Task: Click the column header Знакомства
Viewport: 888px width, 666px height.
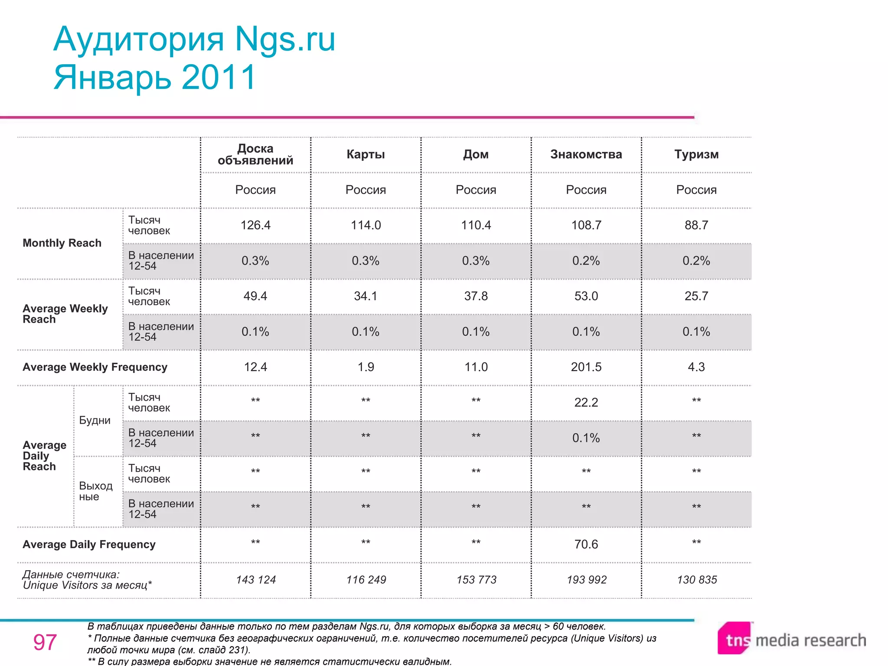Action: [586, 154]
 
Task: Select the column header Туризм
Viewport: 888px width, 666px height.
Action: [696, 154]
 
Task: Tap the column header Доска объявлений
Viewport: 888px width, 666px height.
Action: [255, 154]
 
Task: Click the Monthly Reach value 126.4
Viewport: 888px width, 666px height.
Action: [255, 225]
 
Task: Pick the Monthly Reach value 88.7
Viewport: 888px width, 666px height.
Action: [696, 225]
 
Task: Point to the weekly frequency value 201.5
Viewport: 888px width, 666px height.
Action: [586, 367]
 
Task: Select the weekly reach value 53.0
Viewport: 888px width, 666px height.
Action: [586, 296]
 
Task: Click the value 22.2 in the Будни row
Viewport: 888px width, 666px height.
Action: [586, 402]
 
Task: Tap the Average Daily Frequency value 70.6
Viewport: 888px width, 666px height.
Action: [586, 544]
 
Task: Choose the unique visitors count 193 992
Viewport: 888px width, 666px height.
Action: [586, 580]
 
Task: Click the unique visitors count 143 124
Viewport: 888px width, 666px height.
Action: [256, 580]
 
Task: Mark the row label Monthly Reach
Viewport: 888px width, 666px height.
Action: [62, 243]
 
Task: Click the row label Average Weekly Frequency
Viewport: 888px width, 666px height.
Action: [95, 367]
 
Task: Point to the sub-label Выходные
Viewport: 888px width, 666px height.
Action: [95, 491]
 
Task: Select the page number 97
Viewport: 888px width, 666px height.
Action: [45, 642]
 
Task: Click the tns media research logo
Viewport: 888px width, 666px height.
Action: [792, 639]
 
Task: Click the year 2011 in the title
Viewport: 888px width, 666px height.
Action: [219, 77]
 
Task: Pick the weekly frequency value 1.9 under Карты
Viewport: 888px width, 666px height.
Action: [366, 367]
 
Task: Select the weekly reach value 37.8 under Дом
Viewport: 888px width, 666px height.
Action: [476, 296]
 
